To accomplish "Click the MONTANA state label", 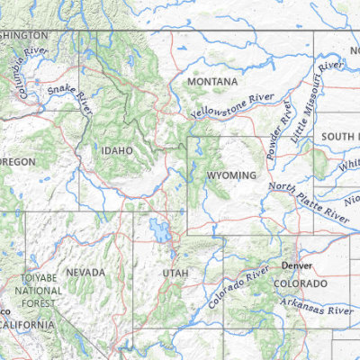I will click(x=212, y=83).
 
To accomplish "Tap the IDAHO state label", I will click(x=117, y=150).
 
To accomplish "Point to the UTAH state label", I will click(x=175, y=273).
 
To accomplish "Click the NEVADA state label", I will click(x=85, y=272).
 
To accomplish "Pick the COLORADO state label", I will click(x=301, y=283).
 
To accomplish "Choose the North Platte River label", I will click(x=309, y=201).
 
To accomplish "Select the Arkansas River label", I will click(x=315, y=308).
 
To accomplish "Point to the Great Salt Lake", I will click(x=160, y=230).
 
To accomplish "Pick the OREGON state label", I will click(x=18, y=162).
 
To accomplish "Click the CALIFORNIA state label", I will click(x=27, y=324).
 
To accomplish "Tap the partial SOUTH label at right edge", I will click(x=340, y=137).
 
